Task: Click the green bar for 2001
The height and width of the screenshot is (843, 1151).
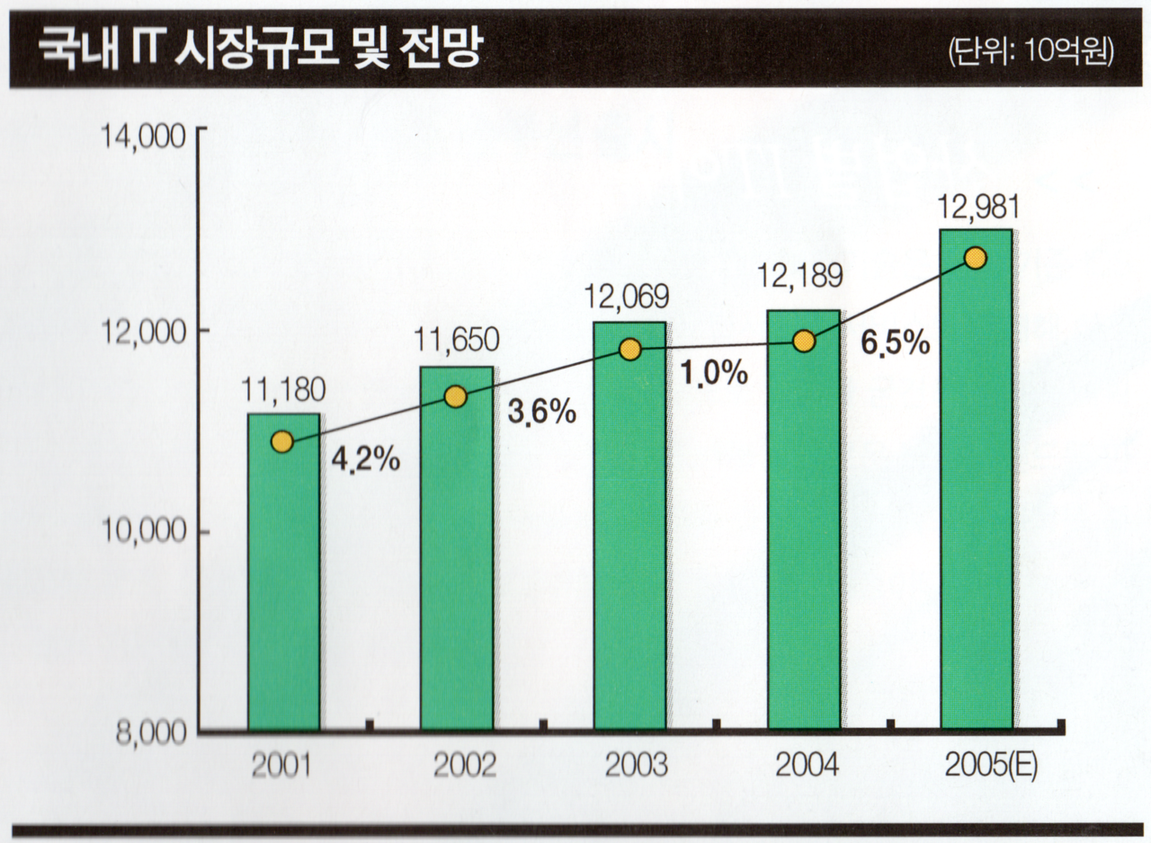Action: point(284,584)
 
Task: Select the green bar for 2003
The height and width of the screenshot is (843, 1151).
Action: point(629,539)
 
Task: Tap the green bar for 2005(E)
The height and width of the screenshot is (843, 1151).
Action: point(975,494)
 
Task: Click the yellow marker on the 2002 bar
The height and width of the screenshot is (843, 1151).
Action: point(456,396)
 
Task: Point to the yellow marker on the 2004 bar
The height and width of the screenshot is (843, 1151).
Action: point(805,342)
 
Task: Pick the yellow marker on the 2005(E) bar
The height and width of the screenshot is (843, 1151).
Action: point(975,258)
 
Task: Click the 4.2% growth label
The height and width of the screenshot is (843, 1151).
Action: point(365,459)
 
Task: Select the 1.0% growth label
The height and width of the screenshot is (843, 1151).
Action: point(713,372)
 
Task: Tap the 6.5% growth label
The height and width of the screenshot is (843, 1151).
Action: point(896,342)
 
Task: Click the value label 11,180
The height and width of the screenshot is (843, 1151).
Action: point(283,390)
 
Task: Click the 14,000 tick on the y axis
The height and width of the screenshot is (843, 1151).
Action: point(149,138)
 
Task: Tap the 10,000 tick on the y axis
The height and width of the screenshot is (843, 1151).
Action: point(149,532)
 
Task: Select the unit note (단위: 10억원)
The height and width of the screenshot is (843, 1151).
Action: point(1031,51)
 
